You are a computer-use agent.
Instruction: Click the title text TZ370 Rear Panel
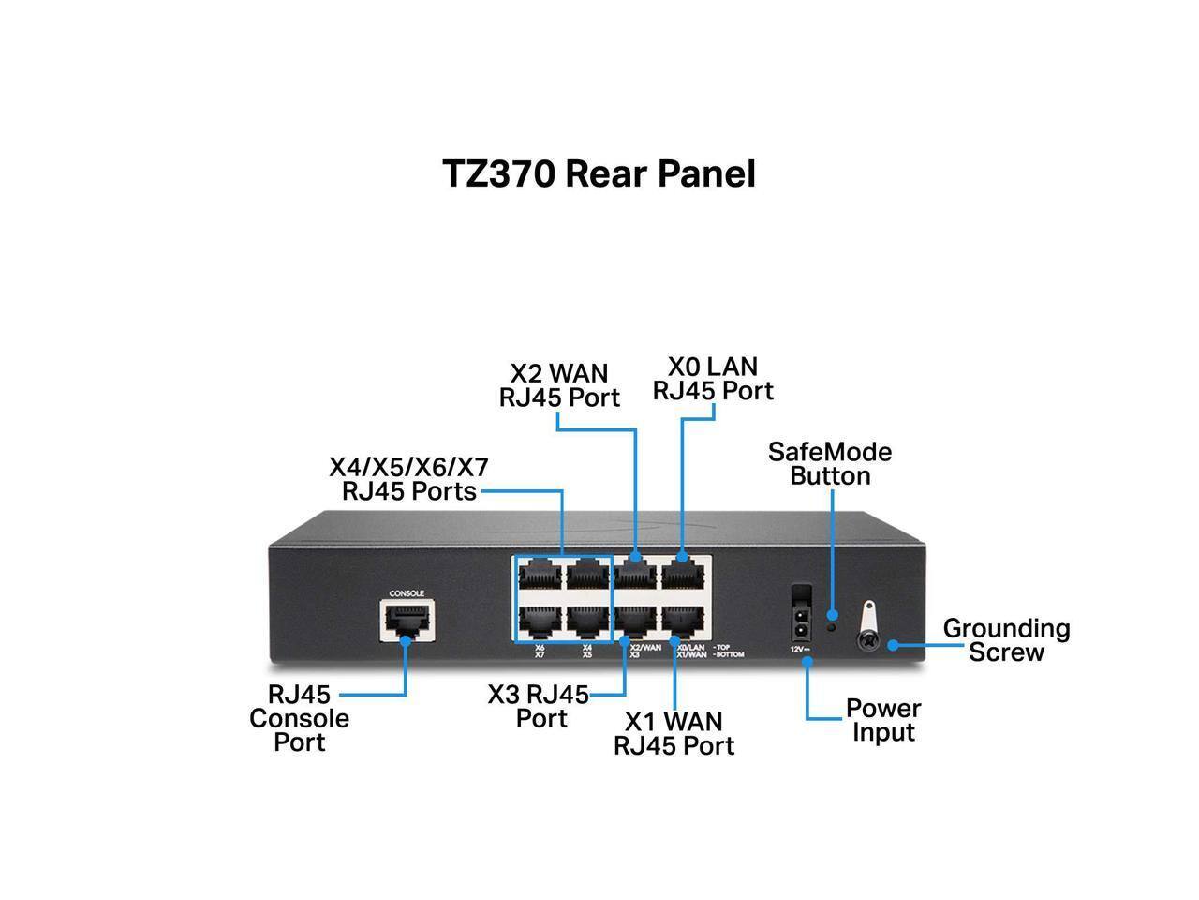point(599,174)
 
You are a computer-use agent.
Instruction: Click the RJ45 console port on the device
point(407,620)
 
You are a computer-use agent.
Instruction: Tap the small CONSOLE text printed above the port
point(407,593)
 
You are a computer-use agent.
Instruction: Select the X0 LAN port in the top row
point(684,572)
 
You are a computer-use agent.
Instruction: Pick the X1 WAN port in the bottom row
point(684,620)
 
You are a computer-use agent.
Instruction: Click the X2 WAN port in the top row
point(636,572)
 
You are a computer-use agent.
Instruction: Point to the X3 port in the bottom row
point(636,620)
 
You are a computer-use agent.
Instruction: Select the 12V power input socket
point(801,618)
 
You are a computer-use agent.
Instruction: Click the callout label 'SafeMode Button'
point(830,464)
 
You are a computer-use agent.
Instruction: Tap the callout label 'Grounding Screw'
point(1006,640)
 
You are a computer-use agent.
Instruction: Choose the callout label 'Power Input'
point(883,720)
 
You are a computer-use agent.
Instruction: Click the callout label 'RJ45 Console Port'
point(300,719)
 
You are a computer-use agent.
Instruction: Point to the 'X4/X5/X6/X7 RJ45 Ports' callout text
point(409,479)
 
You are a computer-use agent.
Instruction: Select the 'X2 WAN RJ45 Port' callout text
point(559,385)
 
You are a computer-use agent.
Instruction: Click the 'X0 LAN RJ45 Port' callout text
point(713,378)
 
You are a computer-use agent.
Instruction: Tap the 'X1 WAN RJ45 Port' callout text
point(674,733)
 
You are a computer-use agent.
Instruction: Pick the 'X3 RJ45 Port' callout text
point(539,707)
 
